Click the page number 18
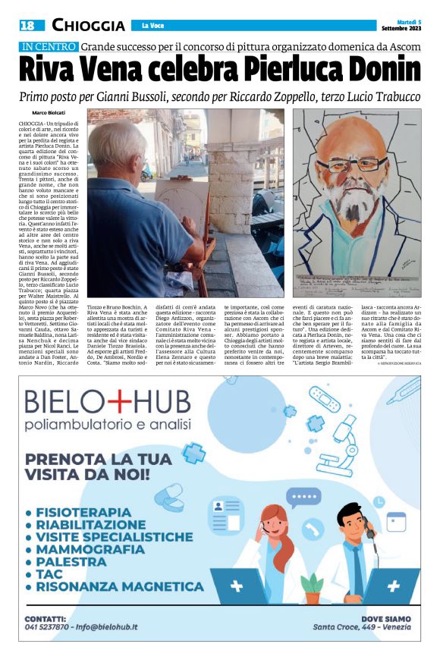tap(27, 26)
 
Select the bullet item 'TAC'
tap(47, 573)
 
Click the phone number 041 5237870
tap(49, 627)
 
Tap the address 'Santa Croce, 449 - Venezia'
tap(362, 627)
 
